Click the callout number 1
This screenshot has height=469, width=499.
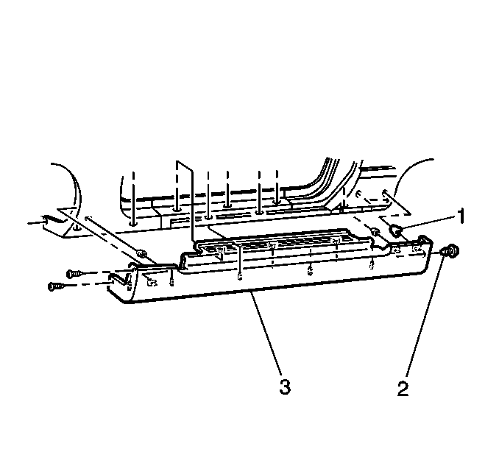click(x=461, y=216)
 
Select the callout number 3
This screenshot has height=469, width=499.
click(x=285, y=387)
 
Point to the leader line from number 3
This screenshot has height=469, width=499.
click(x=266, y=332)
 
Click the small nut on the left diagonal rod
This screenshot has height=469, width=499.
click(x=141, y=253)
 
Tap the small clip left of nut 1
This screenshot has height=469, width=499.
click(x=375, y=231)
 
